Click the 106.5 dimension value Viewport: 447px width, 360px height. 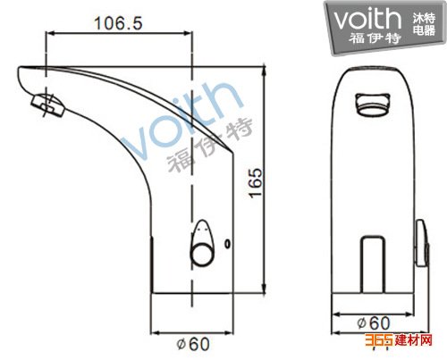[x=118, y=23]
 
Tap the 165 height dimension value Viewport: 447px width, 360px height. [x=256, y=183]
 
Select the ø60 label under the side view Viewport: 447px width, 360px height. [x=193, y=344]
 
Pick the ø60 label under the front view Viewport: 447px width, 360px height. [x=374, y=323]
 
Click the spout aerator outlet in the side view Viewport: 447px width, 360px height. [x=48, y=105]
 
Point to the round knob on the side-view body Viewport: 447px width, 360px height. [x=202, y=244]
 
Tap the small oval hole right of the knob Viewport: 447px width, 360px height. [x=228, y=244]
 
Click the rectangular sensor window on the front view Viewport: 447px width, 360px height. [x=373, y=264]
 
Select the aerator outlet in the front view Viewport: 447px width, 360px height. [x=373, y=105]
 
